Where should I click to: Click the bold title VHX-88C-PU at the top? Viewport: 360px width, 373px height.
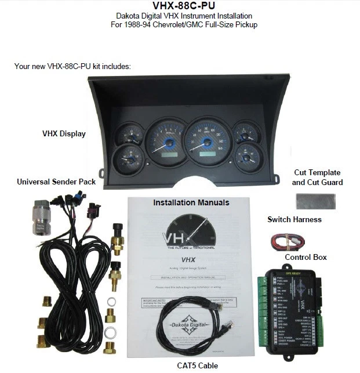tap(179, 6)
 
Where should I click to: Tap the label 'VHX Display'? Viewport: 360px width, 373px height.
tap(64, 133)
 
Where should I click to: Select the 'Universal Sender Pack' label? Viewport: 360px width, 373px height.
tap(56, 182)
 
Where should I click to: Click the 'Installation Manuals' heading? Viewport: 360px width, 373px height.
tap(191, 202)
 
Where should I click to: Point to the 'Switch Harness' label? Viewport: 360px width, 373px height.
tap(294, 219)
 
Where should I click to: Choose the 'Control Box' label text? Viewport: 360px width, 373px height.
tap(306, 256)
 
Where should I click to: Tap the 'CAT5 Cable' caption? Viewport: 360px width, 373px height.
tap(197, 365)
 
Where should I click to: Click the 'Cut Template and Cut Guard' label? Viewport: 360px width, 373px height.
tap(317, 178)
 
